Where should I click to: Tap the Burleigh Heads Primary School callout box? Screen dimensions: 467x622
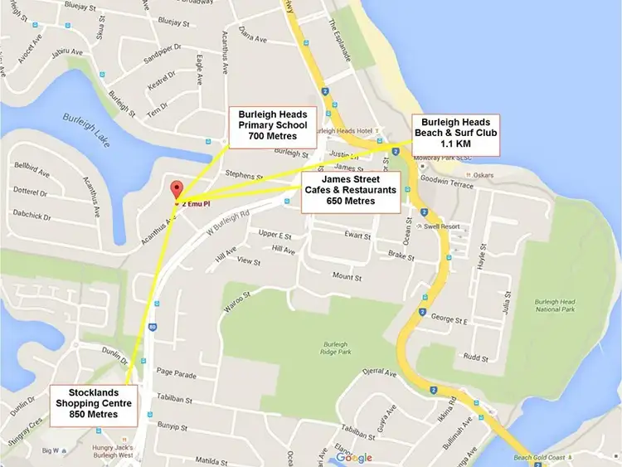coord(272,124)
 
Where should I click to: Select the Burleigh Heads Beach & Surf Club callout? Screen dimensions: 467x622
coord(458,134)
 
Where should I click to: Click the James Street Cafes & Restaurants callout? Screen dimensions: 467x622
coord(349,190)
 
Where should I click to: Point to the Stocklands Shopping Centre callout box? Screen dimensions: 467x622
coord(94,403)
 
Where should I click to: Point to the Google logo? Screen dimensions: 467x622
coord(354,457)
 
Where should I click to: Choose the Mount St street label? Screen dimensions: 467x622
coord(348,275)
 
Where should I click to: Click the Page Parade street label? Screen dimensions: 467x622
coord(174,375)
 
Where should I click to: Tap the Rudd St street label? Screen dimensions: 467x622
coord(475,358)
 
